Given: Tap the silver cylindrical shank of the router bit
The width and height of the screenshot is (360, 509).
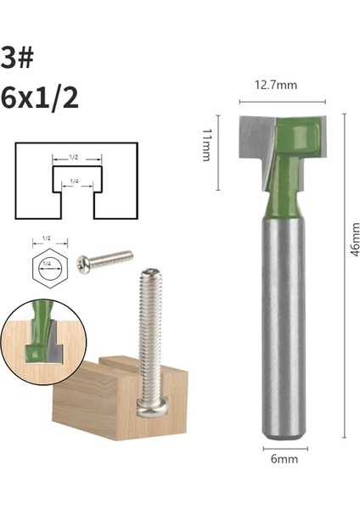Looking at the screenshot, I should (284, 339).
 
